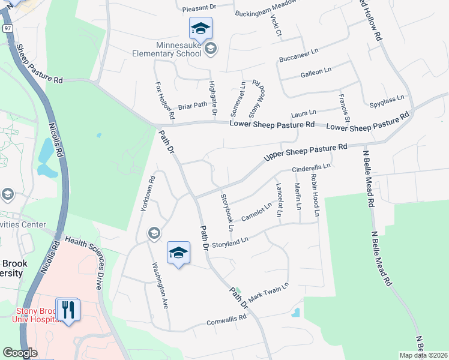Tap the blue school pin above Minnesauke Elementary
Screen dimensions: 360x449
[x=200, y=28]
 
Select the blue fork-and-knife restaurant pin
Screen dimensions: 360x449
[x=68, y=310]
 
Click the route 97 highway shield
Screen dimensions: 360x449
[x=7, y=45]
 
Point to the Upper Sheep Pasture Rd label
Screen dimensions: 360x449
[x=306, y=152]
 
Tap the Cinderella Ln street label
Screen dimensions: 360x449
[x=312, y=169]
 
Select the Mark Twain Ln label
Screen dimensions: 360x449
[x=269, y=292]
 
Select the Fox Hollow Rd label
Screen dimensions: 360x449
[x=164, y=100]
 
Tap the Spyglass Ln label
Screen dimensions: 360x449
[x=387, y=100]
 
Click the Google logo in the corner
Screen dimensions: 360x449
[x=19, y=352]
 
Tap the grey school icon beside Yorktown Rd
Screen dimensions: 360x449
[x=154, y=233]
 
